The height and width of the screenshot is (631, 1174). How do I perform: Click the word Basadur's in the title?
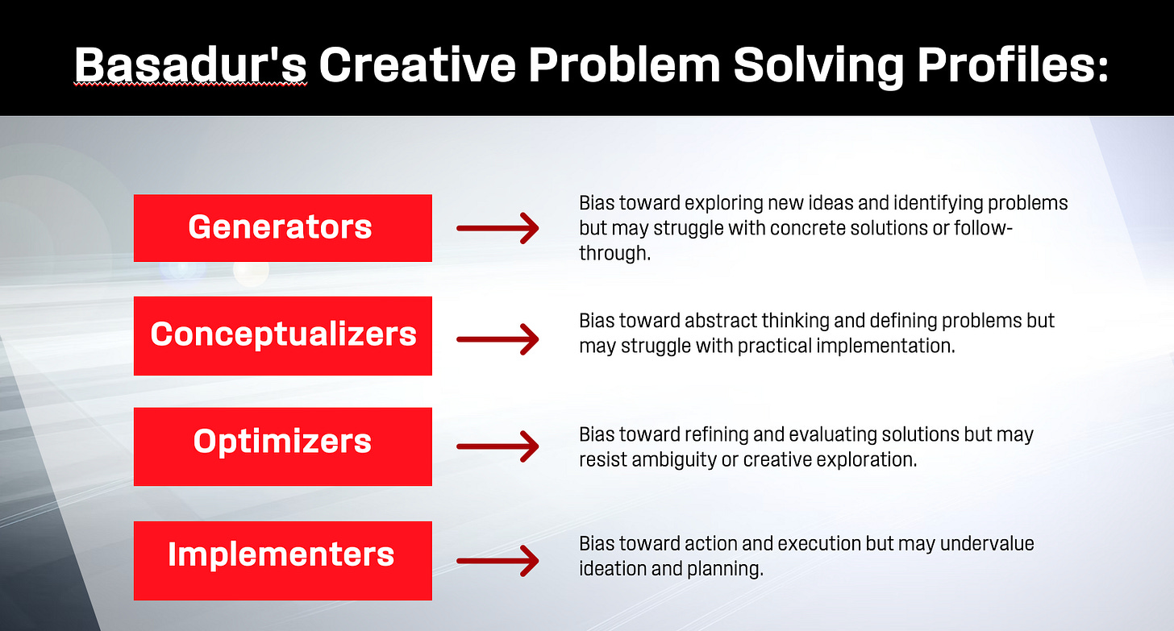[190, 65]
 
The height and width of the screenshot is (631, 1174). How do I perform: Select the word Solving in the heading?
[818, 66]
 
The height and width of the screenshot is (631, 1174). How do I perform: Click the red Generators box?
[283, 228]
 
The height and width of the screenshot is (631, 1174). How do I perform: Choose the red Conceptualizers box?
[283, 336]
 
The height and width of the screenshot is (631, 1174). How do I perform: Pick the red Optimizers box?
[283, 446]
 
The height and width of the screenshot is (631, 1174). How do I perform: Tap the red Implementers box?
[283, 560]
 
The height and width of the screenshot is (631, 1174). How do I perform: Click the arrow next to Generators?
[497, 228]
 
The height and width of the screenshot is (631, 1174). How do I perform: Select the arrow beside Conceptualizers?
[497, 339]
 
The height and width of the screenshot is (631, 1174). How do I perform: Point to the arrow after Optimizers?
[497, 446]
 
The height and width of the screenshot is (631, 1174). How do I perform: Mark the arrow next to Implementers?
[497, 561]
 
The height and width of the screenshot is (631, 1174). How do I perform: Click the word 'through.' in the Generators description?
[614, 253]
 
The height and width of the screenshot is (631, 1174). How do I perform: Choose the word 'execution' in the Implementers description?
[818, 543]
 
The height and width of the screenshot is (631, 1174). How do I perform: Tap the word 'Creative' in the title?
[418, 65]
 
